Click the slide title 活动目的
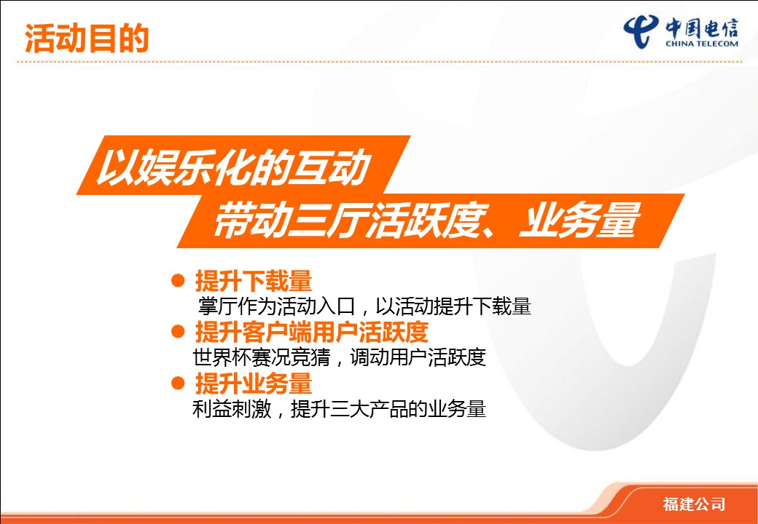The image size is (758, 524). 87,38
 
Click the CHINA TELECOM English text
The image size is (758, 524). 701,44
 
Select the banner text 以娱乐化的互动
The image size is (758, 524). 230,167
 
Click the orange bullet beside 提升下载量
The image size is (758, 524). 178,280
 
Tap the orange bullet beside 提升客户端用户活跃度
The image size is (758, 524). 178,331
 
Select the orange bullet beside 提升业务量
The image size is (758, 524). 178,383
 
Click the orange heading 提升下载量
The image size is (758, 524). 254,281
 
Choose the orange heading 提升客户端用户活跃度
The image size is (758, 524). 312,332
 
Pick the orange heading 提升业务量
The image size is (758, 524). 254,384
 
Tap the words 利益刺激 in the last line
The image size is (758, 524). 232,409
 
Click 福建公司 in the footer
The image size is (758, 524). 694,504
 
